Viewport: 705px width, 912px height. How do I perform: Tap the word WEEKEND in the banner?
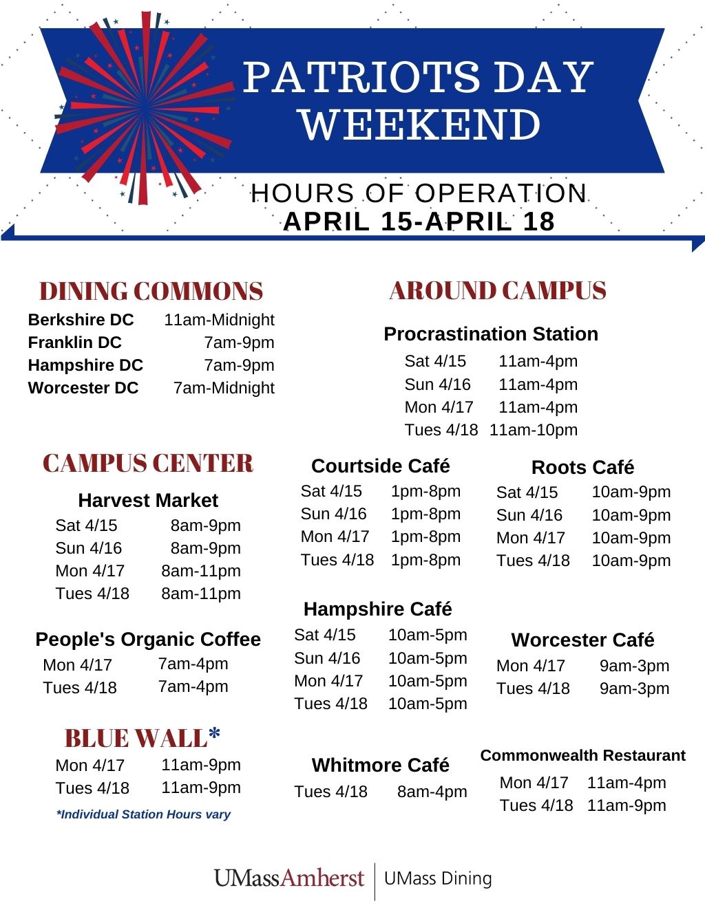point(420,124)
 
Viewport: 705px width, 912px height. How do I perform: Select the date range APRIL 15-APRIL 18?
point(419,221)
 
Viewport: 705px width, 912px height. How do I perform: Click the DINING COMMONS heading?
point(151,291)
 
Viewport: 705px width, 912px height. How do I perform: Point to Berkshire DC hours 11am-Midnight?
point(219,320)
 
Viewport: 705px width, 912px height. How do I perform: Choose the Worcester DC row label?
point(83,388)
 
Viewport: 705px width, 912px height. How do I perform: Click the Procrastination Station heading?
point(491,334)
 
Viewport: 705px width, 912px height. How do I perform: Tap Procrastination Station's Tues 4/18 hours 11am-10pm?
point(534,430)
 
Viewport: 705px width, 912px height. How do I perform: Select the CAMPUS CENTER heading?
point(148,463)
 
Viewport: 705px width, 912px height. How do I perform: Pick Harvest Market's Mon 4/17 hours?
point(201,571)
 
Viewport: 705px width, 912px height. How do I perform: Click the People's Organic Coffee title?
point(148,639)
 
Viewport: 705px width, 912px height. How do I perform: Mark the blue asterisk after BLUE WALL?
point(214,732)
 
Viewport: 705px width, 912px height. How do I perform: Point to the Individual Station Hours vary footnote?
point(144,814)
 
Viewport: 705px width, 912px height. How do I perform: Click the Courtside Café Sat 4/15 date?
point(331,491)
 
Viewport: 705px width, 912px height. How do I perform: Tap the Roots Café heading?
point(582,468)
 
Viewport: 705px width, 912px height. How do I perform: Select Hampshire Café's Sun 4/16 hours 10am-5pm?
point(428,658)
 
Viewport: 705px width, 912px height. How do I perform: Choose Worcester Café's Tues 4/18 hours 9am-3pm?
point(634,688)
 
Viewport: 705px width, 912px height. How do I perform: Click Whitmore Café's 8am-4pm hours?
point(432,792)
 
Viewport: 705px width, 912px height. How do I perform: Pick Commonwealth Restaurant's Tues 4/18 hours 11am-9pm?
point(627,805)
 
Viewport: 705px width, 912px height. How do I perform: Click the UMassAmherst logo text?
point(289,878)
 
